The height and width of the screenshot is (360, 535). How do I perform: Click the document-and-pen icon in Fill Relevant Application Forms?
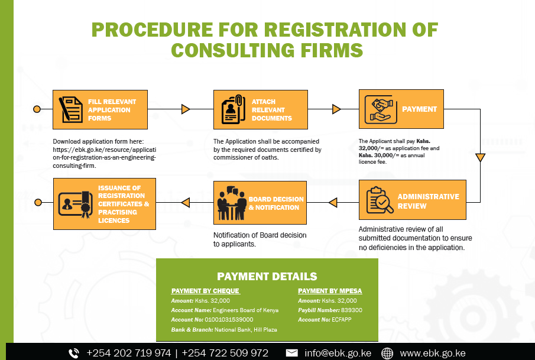point(70,109)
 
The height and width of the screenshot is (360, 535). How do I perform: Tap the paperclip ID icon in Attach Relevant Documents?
point(234,109)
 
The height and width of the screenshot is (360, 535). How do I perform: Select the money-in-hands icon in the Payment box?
point(381,109)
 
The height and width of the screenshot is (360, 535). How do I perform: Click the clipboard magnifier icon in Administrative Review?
point(380,200)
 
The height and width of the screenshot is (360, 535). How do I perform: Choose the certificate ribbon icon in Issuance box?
point(76,204)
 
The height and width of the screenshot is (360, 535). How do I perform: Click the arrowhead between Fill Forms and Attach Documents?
point(186,109)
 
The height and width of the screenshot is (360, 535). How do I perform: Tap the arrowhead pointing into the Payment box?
point(336,109)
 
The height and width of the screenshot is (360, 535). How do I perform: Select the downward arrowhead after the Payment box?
point(481,157)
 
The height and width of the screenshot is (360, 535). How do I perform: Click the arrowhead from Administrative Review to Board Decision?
point(333,203)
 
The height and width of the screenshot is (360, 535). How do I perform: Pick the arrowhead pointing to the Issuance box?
point(185,203)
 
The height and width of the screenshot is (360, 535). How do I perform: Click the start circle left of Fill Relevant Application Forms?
point(37,109)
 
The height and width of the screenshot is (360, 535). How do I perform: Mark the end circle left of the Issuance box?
point(38,203)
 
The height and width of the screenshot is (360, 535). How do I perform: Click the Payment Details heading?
point(267,277)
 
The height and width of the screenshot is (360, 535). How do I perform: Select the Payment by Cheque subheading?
point(205,291)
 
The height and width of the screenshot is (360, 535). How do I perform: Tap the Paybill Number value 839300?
point(351,310)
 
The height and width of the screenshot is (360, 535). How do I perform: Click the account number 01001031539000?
point(229,320)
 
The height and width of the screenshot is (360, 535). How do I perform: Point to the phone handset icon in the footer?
point(74,353)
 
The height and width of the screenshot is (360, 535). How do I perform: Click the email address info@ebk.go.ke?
point(338,353)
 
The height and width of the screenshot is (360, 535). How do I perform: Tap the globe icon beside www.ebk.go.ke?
point(387,353)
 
